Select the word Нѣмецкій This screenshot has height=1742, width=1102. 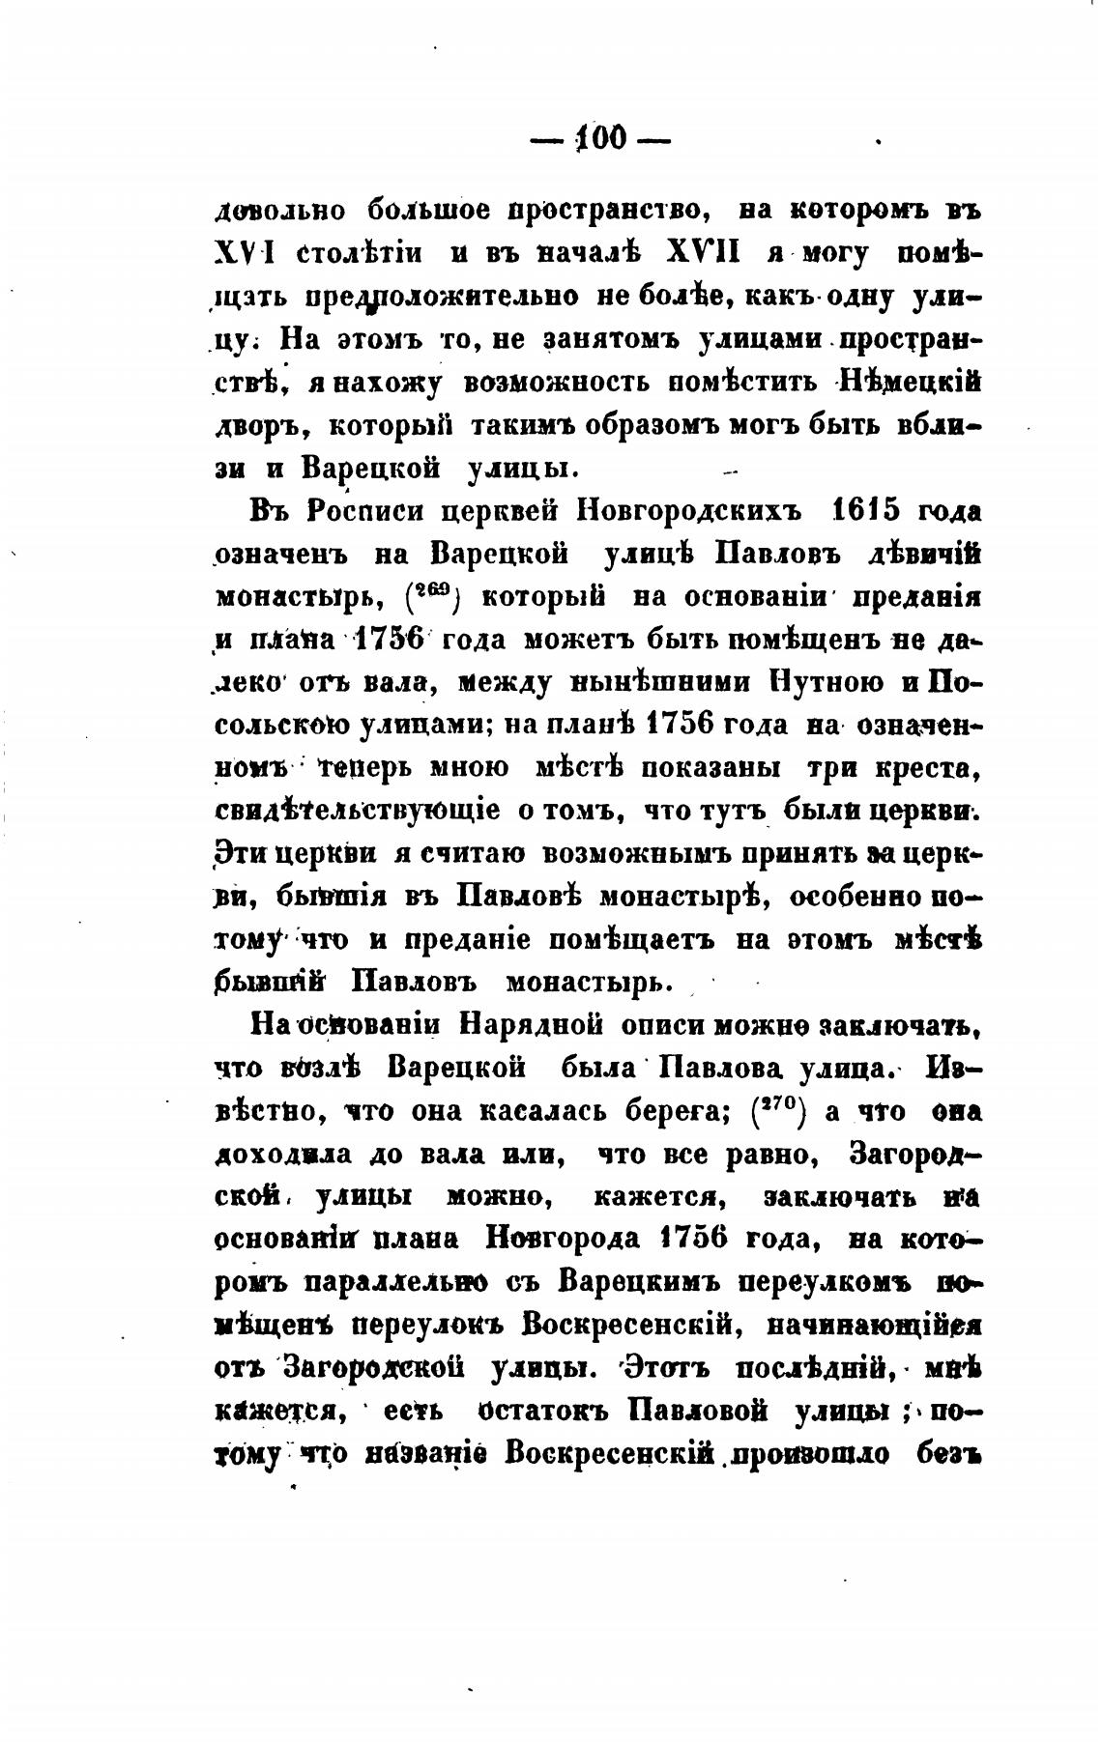click(x=912, y=382)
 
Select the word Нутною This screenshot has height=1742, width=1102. click(x=825, y=682)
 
